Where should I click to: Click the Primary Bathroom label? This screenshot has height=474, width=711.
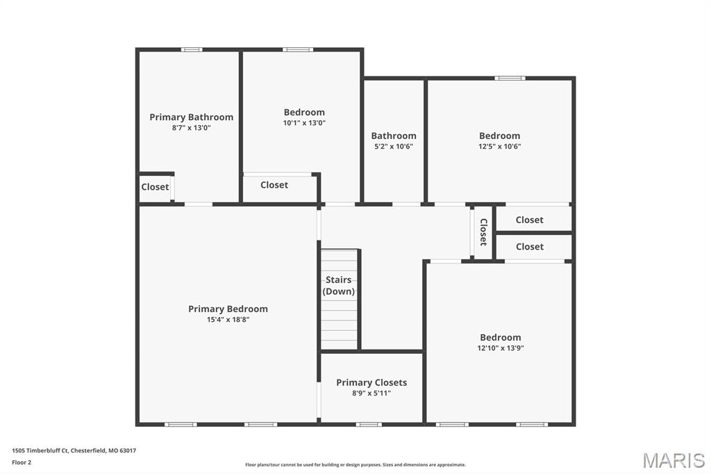coord(192,117)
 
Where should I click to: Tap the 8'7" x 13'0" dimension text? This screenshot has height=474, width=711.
coord(192,128)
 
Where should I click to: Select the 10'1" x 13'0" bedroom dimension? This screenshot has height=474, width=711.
coord(304,123)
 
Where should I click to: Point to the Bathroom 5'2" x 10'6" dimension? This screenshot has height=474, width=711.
coord(394,147)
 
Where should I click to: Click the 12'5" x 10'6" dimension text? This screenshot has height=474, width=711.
coord(500,147)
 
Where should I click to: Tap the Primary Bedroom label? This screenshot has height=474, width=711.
coord(228,309)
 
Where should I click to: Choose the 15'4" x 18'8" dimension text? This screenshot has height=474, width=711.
coord(228,320)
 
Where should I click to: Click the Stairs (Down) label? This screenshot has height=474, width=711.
coord(339,286)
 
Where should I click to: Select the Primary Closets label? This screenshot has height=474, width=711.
coord(371,383)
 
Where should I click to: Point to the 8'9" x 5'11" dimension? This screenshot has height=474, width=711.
coord(371,393)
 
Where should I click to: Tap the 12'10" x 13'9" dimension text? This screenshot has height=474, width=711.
coord(501,348)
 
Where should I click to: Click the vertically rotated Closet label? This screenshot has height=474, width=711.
coord(483,232)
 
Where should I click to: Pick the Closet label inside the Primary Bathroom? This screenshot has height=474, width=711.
coord(155,187)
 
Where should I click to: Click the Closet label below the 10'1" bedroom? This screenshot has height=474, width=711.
coord(274,186)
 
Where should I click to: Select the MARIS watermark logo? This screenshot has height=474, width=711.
coord(674,460)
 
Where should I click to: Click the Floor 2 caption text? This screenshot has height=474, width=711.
coord(22,463)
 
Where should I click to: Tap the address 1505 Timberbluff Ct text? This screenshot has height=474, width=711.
coord(40,451)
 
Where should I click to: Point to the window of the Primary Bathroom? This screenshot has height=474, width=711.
coord(192,49)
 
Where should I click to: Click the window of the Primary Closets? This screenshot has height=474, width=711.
coord(369,425)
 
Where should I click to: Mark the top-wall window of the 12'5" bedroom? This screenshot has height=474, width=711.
coord(510,79)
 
